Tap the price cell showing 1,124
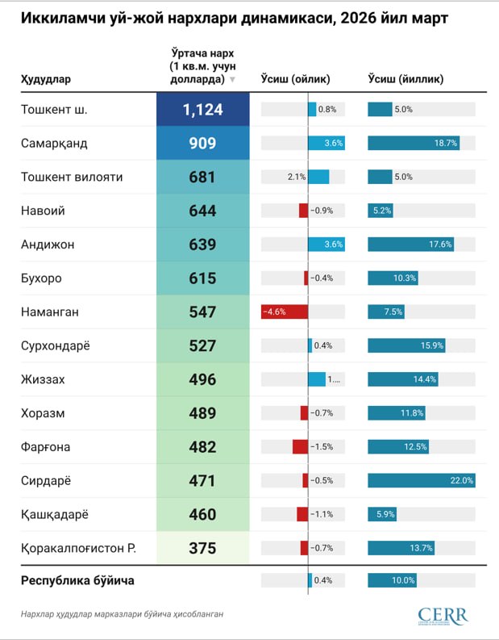(202, 109)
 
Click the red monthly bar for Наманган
(285, 312)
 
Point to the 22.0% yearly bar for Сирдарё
(421, 480)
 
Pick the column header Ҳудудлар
(45, 79)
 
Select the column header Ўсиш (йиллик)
(405, 79)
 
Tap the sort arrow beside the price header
(232, 80)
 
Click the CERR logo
(443, 615)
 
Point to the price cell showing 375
(202, 548)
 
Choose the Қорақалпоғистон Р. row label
(77, 548)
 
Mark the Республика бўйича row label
(77, 580)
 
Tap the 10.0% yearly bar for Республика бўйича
(392, 580)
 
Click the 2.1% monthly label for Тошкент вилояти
(296, 177)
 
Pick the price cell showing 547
(202, 312)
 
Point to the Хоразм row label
(43, 413)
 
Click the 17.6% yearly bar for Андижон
(410, 244)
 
